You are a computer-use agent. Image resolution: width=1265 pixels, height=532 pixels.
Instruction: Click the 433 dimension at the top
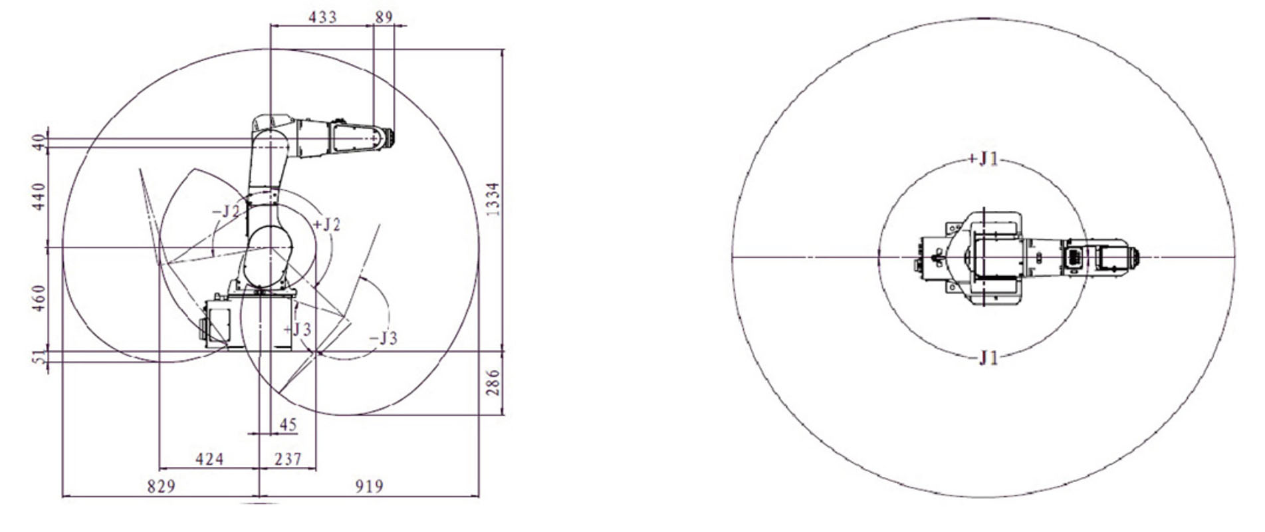pos(322,17)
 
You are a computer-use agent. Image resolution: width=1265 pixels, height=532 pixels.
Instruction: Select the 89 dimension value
pos(384,17)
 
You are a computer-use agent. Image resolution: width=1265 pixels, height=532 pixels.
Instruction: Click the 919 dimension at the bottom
pos(369,487)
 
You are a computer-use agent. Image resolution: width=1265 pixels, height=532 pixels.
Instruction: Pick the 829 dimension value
pos(162,487)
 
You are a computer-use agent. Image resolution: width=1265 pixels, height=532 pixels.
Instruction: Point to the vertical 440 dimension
pos(39,197)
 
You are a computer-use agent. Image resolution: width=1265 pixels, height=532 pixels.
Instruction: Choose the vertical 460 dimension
pos(39,299)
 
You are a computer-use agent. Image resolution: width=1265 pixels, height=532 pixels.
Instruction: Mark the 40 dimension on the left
pos(39,142)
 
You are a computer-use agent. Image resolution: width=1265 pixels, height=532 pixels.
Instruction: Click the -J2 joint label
pos(226,211)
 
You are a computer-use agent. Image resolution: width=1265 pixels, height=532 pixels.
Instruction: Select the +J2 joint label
pos(326,225)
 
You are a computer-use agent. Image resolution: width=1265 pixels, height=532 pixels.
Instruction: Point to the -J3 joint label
pos(384,338)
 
